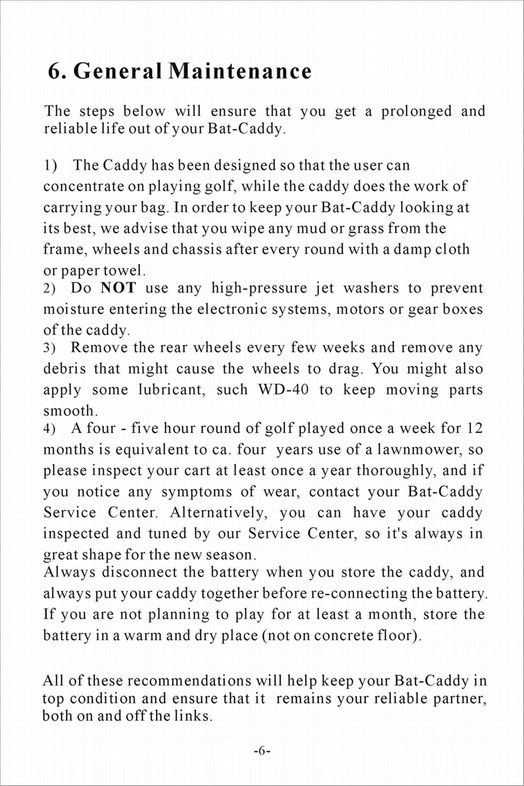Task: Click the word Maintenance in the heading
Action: (240, 71)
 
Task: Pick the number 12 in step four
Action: (474, 428)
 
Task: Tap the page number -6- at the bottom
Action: (261, 750)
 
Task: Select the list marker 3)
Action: (49, 348)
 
